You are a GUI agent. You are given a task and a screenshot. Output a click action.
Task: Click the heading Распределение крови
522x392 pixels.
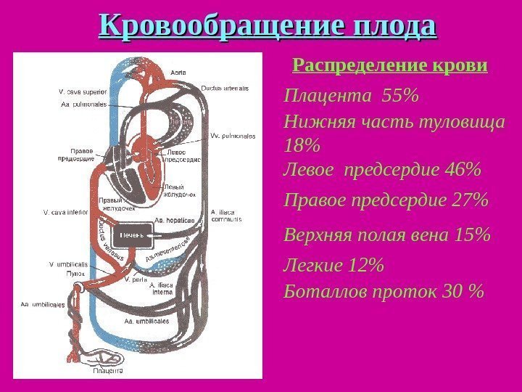tap(389, 66)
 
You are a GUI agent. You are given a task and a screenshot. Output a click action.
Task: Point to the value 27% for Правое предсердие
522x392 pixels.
tap(469, 199)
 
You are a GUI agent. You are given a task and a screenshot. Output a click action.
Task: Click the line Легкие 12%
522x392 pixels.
tap(333, 267)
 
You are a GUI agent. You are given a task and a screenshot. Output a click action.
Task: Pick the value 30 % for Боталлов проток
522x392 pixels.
tap(465, 291)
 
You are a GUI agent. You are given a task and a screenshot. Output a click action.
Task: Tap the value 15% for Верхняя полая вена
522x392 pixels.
tap(473, 235)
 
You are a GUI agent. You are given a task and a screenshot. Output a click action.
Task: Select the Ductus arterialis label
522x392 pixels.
tap(225, 87)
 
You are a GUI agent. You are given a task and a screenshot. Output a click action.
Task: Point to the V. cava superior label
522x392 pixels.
tap(83, 92)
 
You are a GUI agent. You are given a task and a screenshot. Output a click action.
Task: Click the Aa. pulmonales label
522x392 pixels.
tap(83, 104)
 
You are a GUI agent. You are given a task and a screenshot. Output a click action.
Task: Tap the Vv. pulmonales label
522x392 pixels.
tap(229, 135)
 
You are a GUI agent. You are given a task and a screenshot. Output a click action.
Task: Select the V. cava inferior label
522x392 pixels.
tap(65, 213)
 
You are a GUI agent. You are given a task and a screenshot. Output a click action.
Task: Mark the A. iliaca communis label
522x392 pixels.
tap(226, 216)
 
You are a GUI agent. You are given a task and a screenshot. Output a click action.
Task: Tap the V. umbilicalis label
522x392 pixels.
tap(68, 264)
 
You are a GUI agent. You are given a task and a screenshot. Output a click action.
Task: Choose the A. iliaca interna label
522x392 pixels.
tap(162, 289)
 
